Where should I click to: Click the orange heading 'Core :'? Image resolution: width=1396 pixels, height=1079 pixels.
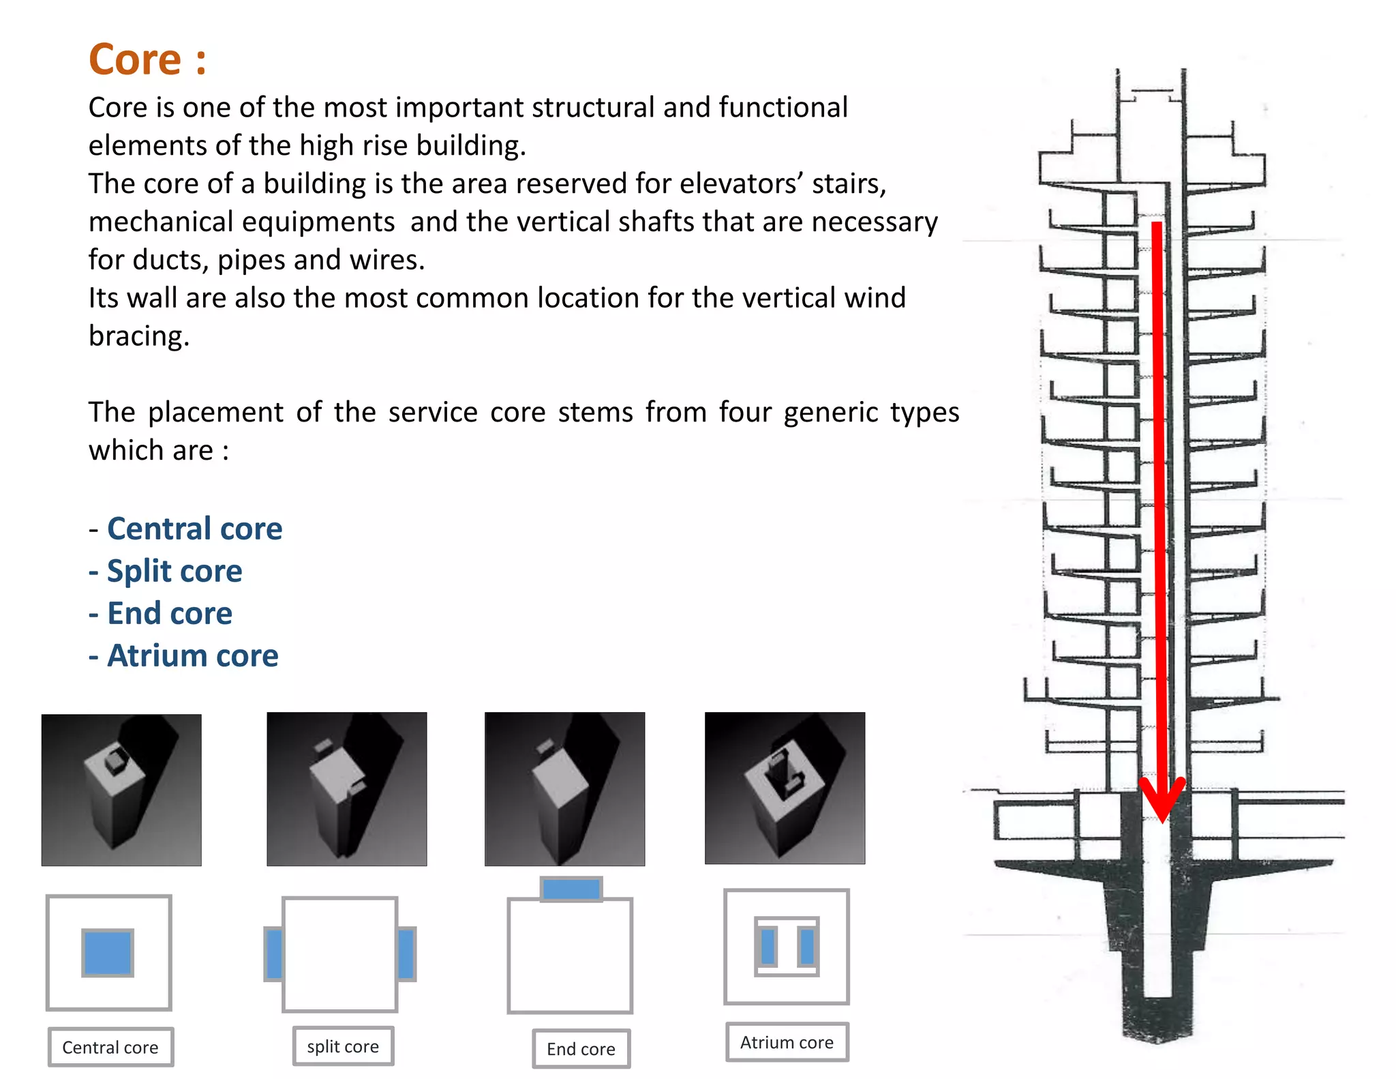click(x=147, y=59)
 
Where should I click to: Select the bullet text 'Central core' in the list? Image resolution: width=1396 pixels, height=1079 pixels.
click(x=194, y=529)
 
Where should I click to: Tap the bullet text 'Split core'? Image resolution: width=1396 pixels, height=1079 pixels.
click(x=174, y=571)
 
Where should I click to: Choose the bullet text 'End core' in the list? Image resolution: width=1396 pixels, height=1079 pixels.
click(x=170, y=613)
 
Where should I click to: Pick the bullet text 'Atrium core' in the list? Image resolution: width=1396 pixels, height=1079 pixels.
click(x=193, y=655)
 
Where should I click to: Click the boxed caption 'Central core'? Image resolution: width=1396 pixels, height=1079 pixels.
click(x=110, y=1047)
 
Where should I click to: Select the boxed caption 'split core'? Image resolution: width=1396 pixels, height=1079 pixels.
click(x=343, y=1046)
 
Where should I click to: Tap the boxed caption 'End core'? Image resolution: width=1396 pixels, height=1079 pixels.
click(x=581, y=1049)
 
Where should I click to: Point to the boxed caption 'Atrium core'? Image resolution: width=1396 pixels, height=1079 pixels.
click(x=787, y=1042)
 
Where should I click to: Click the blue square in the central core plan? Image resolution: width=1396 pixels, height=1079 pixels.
click(x=108, y=953)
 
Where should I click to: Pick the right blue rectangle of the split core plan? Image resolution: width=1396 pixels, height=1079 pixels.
click(x=406, y=954)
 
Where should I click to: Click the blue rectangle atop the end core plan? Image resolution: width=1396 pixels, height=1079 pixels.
click(x=571, y=889)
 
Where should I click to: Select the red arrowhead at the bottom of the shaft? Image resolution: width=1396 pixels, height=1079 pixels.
click(x=1163, y=801)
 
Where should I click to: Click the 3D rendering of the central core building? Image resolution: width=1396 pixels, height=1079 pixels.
click(x=121, y=790)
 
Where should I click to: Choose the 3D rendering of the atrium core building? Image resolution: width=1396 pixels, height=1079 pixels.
click(x=785, y=788)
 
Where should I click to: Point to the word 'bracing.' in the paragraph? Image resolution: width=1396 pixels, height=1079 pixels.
click(x=139, y=336)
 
